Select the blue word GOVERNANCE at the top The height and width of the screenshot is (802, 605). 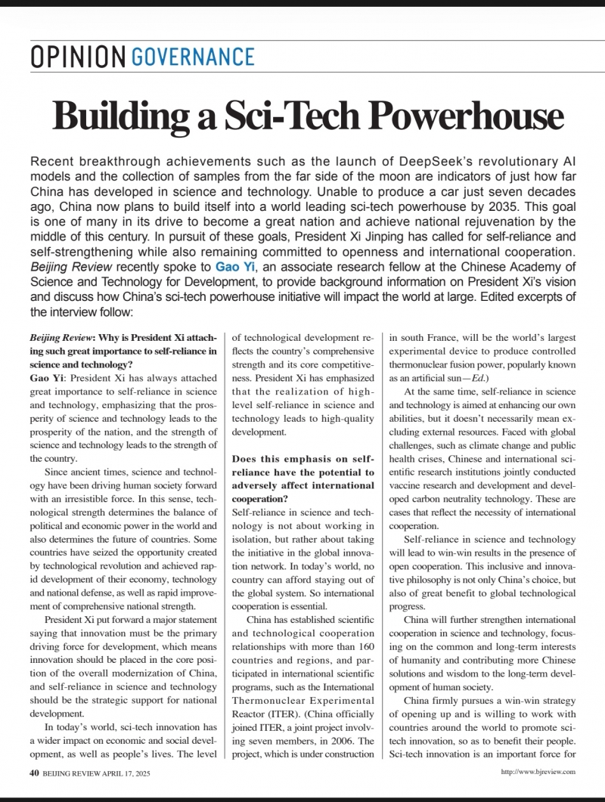pos(193,57)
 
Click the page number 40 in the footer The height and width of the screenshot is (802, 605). pos(34,772)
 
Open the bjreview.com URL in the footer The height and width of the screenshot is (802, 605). pos(538,772)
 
